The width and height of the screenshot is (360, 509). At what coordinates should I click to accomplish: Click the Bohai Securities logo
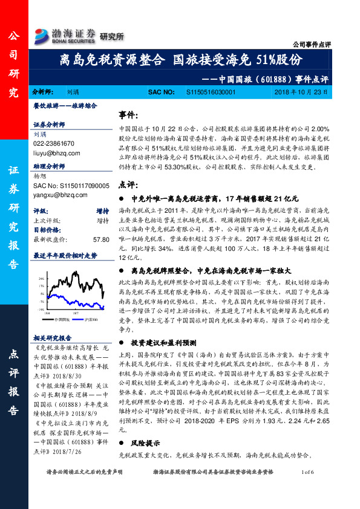[x=64, y=34]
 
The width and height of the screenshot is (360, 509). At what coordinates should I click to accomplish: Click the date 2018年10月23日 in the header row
[x=300, y=92]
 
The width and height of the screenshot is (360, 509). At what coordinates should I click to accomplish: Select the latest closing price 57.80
[x=100, y=239]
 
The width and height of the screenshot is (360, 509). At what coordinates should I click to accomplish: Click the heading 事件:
[x=128, y=115]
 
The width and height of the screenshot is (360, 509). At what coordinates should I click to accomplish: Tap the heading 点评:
[x=128, y=184]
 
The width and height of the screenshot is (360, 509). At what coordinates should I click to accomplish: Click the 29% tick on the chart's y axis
[x=41, y=279]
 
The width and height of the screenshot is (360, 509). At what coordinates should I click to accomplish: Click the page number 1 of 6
[x=308, y=488]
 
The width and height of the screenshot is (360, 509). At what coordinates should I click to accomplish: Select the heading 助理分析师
[x=49, y=165]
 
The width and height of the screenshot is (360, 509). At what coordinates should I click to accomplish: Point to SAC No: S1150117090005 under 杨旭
[x=71, y=186]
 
